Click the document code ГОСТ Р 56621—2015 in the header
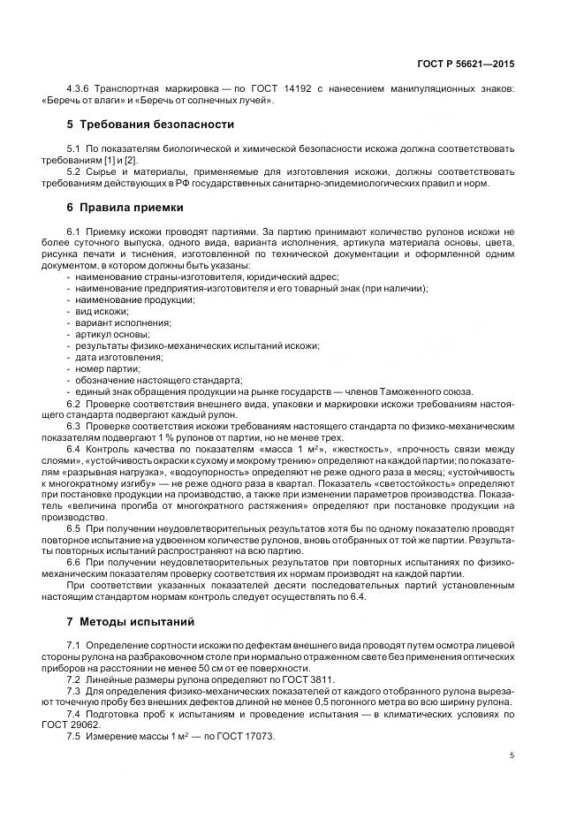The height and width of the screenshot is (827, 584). click(465, 64)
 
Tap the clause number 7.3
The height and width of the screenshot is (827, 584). click(74, 690)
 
